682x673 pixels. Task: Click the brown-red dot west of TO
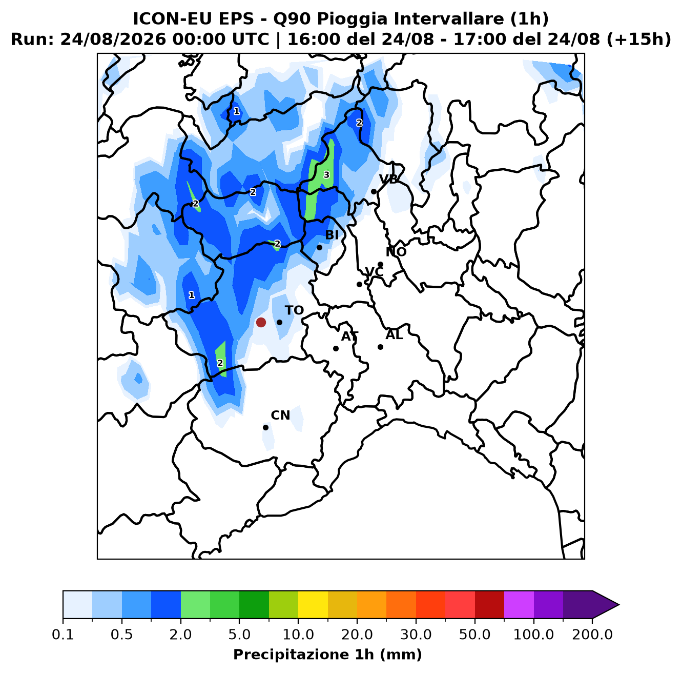(x=261, y=322)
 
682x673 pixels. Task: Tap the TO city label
(x=295, y=310)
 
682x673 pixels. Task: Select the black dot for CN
(x=265, y=428)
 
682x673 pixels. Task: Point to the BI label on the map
(x=332, y=235)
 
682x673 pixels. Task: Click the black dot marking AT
(x=336, y=349)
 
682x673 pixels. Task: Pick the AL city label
(x=394, y=335)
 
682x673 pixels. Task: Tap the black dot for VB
(x=374, y=192)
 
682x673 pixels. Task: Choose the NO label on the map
(x=396, y=252)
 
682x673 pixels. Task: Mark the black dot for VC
(x=359, y=285)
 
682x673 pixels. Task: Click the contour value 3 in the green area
(x=326, y=175)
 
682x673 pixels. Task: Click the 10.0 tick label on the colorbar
(x=298, y=634)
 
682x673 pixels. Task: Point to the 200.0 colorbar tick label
(x=592, y=634)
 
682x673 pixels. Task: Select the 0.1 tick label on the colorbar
(x=63, y=634)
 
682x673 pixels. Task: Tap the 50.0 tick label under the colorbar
(x=474, y=634)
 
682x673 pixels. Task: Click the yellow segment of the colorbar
(x=313, y=605)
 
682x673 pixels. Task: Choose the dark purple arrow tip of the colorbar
(x=618, y=605)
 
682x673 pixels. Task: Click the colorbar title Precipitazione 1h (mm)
(x=327, y=654)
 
